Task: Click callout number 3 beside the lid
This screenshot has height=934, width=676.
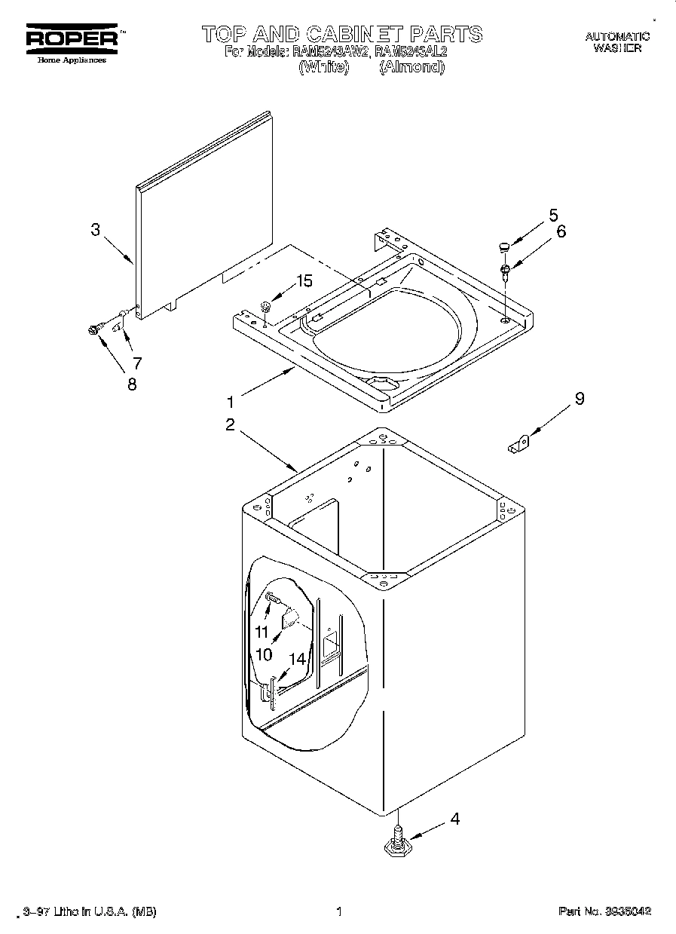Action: click(95, 230)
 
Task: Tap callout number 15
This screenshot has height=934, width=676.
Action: click(304, 281)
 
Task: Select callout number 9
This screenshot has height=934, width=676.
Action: click(579, 400)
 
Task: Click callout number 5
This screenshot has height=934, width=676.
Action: click(553, 213)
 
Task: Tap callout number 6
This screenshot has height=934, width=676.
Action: click(560, 231)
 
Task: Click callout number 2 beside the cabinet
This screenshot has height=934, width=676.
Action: click(231, 424)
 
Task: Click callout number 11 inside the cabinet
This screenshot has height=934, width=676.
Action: click(262, 632)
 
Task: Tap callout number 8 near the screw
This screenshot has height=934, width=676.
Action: click(132, 384)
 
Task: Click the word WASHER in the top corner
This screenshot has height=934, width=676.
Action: click(617, 47)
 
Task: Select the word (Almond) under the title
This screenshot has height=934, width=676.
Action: click(411, 67)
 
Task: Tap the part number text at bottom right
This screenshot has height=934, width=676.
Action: click(604, 911)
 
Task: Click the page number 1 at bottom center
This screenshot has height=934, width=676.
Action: click(339, 911)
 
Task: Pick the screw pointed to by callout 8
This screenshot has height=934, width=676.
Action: click(95, 329)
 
